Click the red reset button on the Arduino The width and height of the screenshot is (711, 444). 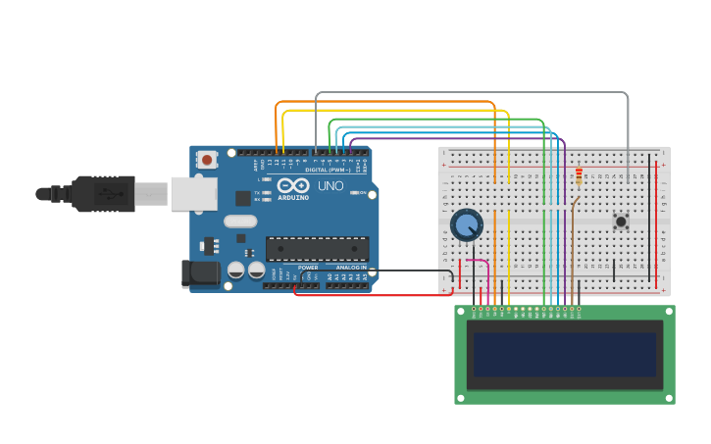click(x=207, y=159)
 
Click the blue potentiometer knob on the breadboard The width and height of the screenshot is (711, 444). click(x=466, y=224)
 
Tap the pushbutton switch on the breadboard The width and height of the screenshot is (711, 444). click(x=621, y=222)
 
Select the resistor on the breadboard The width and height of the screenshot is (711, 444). click(x=579, y=176)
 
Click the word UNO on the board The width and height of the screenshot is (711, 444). click(x=330, y=186)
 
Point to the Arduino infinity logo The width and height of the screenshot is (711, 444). click(x=293, y=185)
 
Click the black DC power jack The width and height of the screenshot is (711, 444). click(x=201, y=273)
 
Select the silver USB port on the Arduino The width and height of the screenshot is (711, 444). click(x=193, y=194)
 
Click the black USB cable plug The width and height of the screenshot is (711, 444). click(x=104, y=194)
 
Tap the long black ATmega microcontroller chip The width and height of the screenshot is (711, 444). click(x=317, y=249)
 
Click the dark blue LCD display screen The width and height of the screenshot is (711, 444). click(x=565, y=354)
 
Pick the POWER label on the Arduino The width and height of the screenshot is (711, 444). click(x=308, y=268)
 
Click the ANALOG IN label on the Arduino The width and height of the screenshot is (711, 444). click(x=351, y=268)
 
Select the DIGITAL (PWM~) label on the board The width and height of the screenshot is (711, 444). click(x=328, y=170)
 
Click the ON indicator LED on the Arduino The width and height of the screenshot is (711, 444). click(x=355, y=192)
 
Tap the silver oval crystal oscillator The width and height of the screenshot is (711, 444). click(x=240, y=221)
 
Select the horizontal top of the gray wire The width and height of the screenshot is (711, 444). click(x=471, y=92)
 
